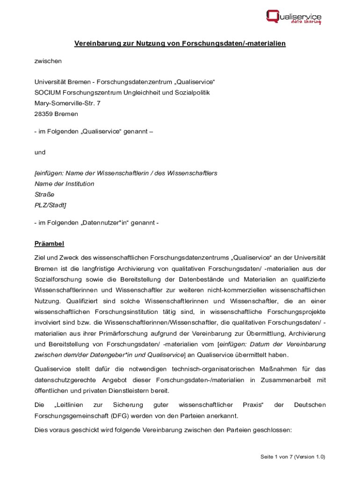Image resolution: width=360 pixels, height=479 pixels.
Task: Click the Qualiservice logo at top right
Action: click(x=294, y=17)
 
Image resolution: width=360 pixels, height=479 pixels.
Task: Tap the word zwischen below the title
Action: click(x=48, y=61)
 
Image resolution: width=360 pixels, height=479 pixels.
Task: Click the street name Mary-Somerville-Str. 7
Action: click(x=67, y=103)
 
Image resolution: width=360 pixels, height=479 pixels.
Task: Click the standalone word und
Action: click(x=40, y=152)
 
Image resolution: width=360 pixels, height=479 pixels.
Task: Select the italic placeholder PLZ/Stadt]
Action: click(x=50, y=205)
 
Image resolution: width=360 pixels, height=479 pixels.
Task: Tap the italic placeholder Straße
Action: click(x=44, y=194)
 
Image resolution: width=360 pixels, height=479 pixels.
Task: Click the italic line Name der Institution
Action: click(x=65, y=184)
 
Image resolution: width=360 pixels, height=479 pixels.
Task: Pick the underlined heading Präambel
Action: click(x=49, y=243)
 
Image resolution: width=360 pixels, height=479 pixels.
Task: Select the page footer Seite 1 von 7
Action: click(x=280, y=457)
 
